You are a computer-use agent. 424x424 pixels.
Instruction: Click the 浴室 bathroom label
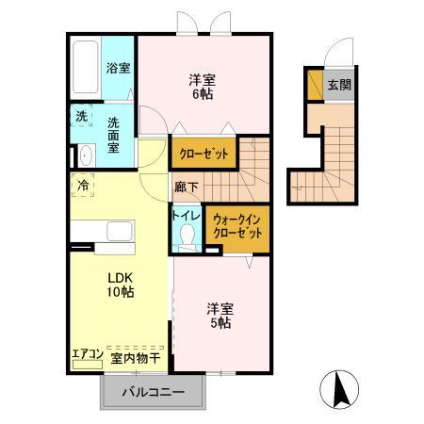[118, 68]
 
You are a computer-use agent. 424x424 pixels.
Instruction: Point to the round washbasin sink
[84, 155]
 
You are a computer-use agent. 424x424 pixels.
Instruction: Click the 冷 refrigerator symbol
[84, 186]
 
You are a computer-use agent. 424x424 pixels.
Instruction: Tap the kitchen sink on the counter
[119, 231]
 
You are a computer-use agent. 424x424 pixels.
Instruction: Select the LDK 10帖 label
[120, 285]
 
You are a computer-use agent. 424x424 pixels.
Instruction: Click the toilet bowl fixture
[186, 238]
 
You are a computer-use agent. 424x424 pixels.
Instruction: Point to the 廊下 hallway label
[185, 187]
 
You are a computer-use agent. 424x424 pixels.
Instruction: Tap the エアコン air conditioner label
[87, 356]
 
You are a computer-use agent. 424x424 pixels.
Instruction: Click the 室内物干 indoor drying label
[136, 356]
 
